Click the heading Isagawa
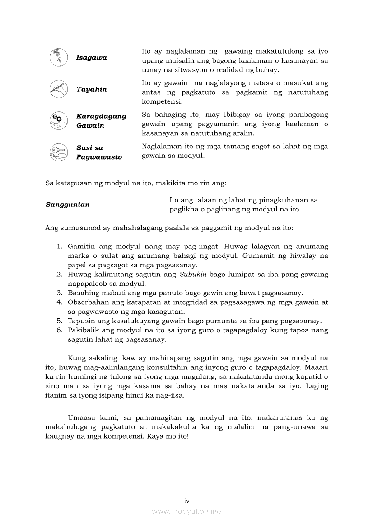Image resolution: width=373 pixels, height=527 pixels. pyautogui.click(x=91, y=58)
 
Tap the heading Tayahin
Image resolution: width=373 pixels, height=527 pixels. pyautogui.click(x=91, y=89)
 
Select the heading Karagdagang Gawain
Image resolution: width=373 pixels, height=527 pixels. pyautogui.click(x=101, y=121)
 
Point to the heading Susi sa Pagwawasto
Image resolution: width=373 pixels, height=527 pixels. pyautogui.click(x=99, y=152)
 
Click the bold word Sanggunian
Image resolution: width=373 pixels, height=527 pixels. pyautogui.click(x=67, y=205)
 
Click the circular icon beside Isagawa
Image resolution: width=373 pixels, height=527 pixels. pyautogui.click(x=59, y=58)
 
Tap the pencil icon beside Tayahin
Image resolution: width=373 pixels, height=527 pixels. pyautogui.click(x=59, y=89)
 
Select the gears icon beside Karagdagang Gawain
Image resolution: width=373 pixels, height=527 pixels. pyautogui.click(x=59, y=120)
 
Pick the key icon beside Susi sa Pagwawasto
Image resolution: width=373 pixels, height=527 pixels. pyautogui.click(x=59, y=152)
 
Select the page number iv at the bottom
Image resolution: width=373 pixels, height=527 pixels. pyautogui.click(x=186, y=501)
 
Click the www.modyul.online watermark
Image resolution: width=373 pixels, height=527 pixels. pyautogui.click(x=186, y=511)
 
